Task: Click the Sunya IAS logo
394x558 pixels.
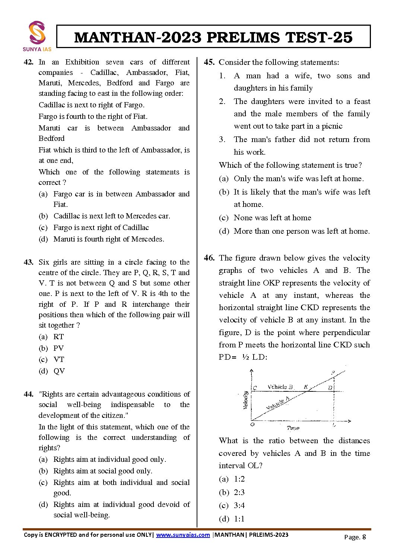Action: [37, 36]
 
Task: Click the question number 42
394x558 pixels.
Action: [28, 62]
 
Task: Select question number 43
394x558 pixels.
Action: [28, 262]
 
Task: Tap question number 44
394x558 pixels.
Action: [28, 394]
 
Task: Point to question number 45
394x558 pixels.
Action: [209, 62]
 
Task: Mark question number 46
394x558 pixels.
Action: [209, 258]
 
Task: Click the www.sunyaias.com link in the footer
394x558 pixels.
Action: [183, 535]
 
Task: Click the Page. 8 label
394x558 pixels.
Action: [355, 537]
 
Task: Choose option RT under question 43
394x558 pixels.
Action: [58, 337]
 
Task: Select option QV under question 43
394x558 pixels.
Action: [59, 371]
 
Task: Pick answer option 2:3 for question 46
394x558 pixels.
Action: [239, 492]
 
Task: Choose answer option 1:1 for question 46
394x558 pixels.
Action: [239, 519]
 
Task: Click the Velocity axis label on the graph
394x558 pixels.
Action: [246, 400]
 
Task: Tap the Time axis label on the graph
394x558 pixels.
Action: [293, 428]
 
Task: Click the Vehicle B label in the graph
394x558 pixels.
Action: [280, 387]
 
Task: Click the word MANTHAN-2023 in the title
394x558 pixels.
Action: [138, 37]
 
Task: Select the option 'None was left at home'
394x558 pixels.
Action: [272, 218]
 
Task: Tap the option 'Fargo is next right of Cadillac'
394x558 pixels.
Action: [101, 228]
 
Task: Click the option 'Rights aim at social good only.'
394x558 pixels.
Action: [103, 471]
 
